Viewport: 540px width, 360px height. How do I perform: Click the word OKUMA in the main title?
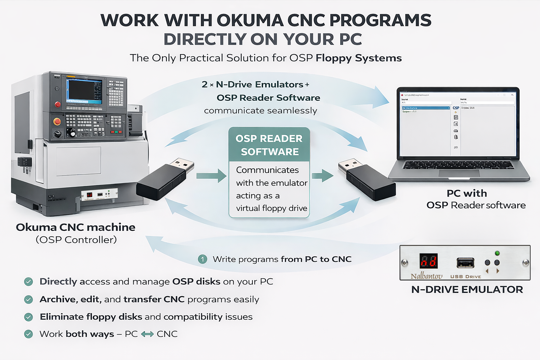point(250,21)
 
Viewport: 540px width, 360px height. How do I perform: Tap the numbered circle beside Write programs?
point(202,259)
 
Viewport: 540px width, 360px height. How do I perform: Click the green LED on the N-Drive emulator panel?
point(497,253)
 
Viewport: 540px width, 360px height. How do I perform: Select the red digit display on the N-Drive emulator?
point(428,261)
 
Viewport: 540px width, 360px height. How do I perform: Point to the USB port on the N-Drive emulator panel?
point(465,262)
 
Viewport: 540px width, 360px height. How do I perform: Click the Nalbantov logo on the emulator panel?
point(426,276)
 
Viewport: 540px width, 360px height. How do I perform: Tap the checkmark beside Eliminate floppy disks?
point(29,317)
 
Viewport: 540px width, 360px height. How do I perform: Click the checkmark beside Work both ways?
point(29,334)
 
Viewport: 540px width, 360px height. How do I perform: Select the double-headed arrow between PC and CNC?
point(147,334)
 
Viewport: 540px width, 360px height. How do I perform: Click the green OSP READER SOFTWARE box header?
point(269,145)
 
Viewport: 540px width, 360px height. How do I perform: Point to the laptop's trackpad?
point(459,173)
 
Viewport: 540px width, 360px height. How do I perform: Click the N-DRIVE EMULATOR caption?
point(467,290)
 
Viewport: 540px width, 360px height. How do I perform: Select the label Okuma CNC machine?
point(76,227)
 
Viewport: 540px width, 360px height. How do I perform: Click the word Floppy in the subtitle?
point(334,58)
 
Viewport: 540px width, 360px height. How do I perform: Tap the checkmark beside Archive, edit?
point(29,300)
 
